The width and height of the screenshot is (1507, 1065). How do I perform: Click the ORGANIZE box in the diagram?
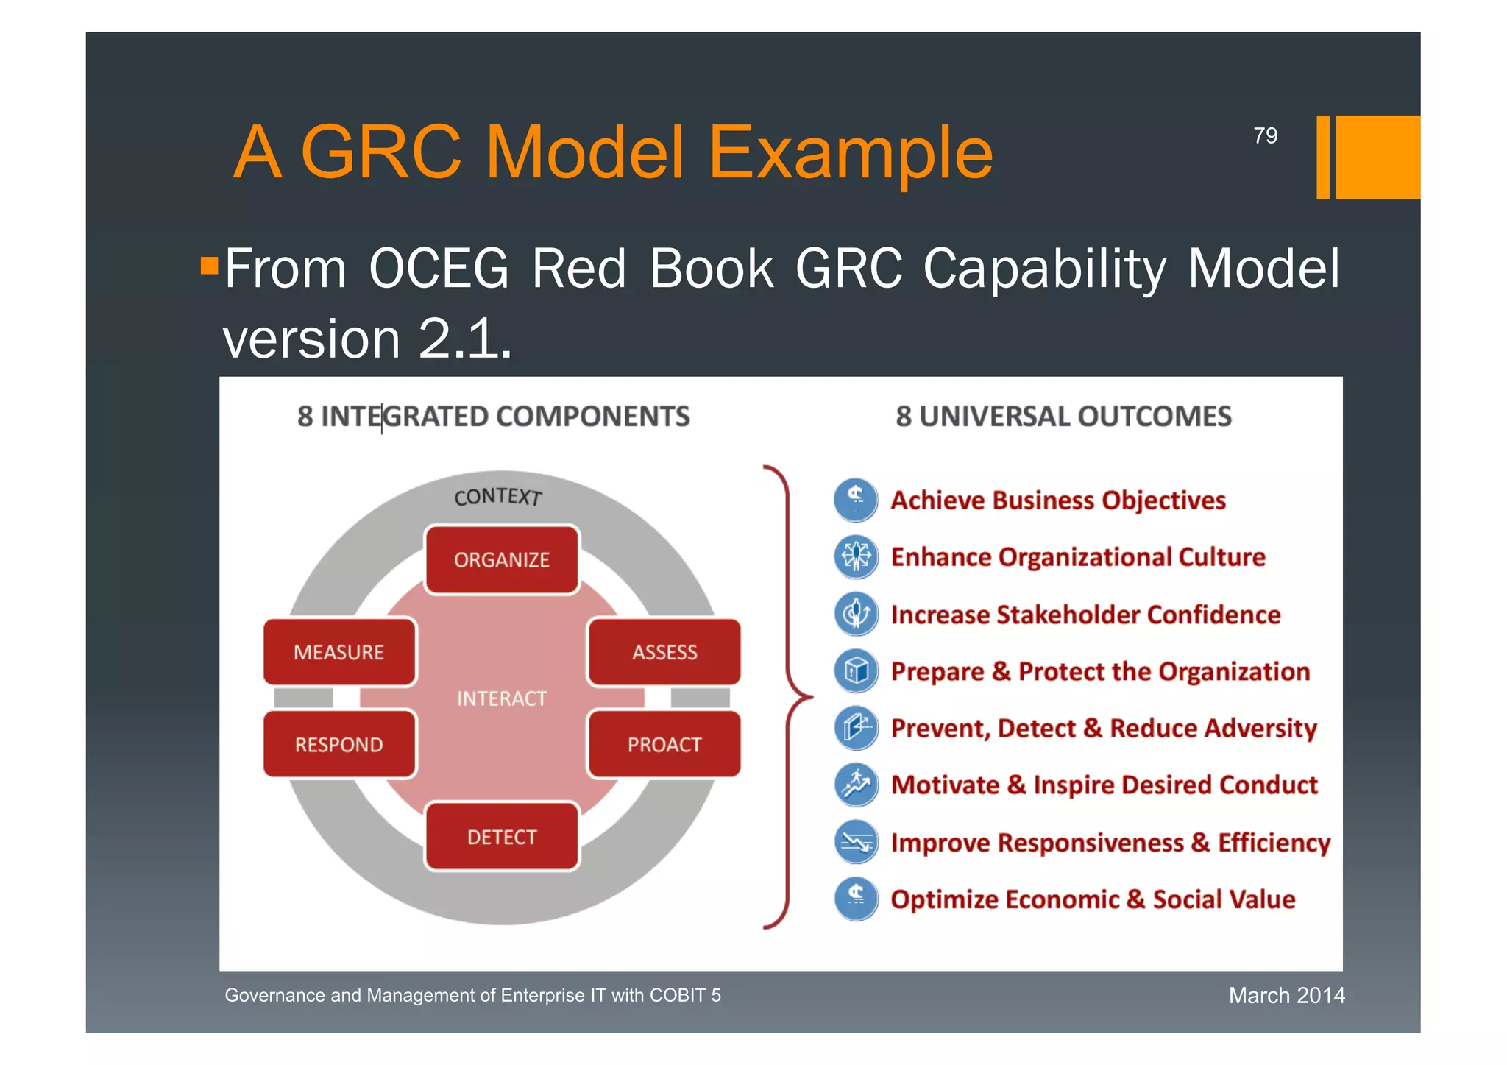(x=502, y=560)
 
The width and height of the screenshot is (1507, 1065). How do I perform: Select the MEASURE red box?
(x=339, y=652)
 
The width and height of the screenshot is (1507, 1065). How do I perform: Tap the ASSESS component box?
(x=664, y=652)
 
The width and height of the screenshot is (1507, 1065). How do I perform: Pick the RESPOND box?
(x=339, y=744)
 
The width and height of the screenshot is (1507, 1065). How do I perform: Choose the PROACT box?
(x=664, y=744)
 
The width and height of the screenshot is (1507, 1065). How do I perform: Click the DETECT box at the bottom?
(x=502, y=837)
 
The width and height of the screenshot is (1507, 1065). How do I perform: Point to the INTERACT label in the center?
(x=502, y=698)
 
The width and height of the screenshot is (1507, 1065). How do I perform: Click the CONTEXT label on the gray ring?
(x=498, y=497)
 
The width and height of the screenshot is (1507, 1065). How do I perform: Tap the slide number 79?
(x=1265, y=135)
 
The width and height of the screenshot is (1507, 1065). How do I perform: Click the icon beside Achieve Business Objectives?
(x=856, y=499)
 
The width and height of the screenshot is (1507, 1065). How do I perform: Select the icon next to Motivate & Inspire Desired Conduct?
(x=856, y=785)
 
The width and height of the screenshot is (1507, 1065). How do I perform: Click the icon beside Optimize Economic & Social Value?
(x=856, y=899)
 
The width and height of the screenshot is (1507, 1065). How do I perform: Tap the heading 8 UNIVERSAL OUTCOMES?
(x=1063, y=417)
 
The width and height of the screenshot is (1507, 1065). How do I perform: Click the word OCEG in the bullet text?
(x=439, y=269)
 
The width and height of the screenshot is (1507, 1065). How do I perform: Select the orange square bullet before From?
(x=210, y=265)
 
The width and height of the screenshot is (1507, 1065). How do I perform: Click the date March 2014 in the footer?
(x=1286, y=995)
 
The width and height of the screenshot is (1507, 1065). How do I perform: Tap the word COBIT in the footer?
(x=677, y=995)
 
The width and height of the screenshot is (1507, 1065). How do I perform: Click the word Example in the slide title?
(x=850, y=152)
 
